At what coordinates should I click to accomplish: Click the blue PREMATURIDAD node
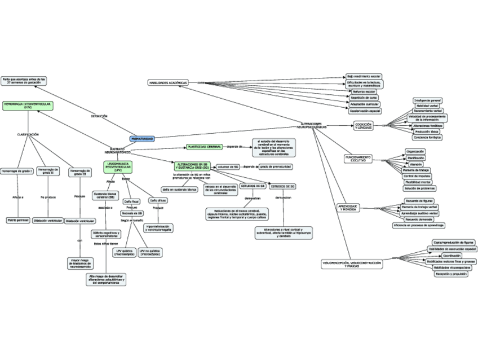142,138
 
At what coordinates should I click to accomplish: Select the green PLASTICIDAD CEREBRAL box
204,146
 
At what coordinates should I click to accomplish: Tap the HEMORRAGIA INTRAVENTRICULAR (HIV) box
28,106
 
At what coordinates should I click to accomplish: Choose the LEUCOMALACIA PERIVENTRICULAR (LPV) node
118,166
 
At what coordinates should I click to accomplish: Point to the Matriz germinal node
17,219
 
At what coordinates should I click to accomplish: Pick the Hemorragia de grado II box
48,172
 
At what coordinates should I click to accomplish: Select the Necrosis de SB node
132,213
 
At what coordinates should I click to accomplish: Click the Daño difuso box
157,200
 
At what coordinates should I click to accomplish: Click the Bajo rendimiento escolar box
364,76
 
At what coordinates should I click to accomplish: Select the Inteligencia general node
427,100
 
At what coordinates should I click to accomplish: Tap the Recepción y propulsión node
452,274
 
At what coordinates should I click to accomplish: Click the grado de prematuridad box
275,167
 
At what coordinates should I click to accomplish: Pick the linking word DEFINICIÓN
99,117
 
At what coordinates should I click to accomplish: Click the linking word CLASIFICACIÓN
28,134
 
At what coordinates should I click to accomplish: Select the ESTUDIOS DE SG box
284,186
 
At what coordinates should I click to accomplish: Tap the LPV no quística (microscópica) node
150,252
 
